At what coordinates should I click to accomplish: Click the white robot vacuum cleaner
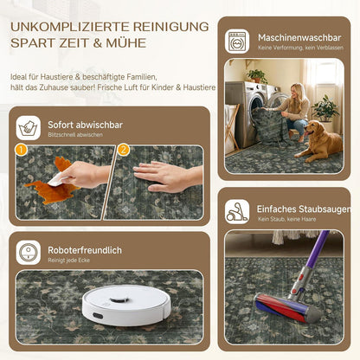(x=126, y=305)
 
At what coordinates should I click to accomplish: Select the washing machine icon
(x=237, y=42)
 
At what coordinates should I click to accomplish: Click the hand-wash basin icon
(x=29, y=128)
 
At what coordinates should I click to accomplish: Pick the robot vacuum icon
(x=29, y=253)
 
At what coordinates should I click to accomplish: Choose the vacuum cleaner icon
(x=237, y=212)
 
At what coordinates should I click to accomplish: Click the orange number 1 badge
(x=22, y=150)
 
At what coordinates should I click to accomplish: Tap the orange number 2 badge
(x=124, y=150)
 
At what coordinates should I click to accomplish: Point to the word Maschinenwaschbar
(x=299, y=37)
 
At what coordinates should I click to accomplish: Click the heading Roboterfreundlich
(x=85, y=250)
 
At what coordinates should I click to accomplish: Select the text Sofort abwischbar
(x=86, y=125)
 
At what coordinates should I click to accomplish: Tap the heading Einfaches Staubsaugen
(x=304, y=209)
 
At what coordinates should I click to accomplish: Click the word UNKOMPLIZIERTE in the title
(x=70, y=27)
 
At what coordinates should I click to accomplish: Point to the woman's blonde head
(x=298, y=91)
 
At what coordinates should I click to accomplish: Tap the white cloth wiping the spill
(x=57, y=179)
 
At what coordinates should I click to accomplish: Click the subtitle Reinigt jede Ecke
(x=68, y=260)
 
